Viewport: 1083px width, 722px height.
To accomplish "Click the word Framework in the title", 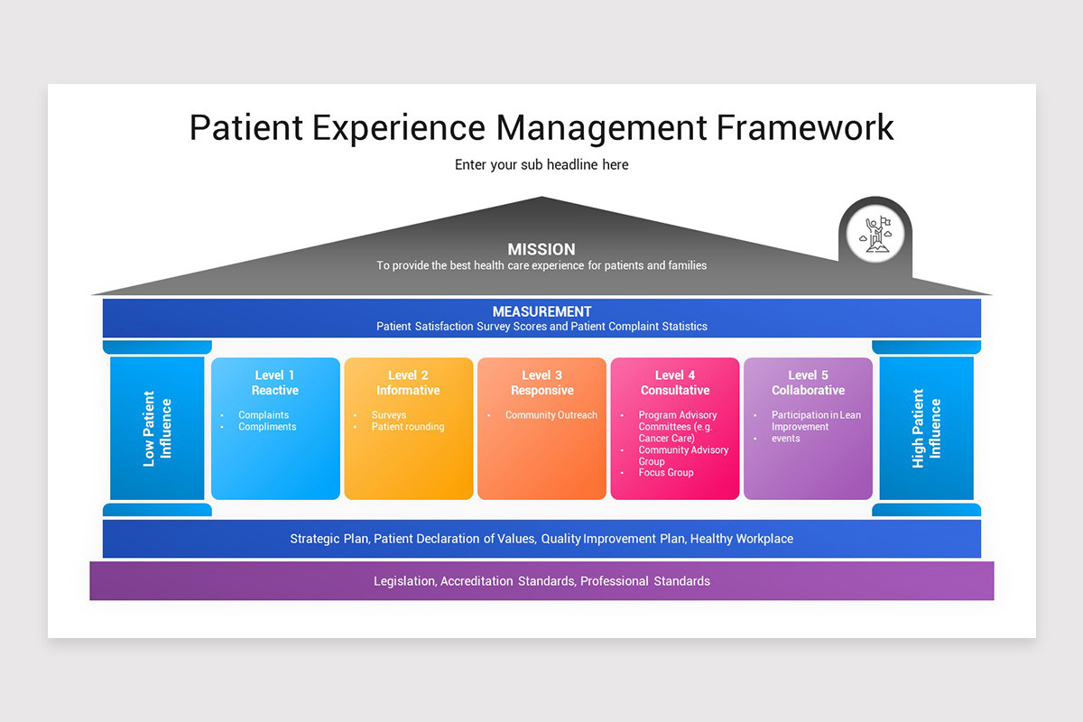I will [x=805, y=128].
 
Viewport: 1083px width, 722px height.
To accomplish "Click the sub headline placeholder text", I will [x=541, y=165].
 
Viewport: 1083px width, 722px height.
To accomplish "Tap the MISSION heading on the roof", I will [x=541, y=249].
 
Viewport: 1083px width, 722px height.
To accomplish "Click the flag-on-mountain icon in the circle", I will [x=875, y=234].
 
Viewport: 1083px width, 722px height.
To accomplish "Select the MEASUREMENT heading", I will [x=541, y=311].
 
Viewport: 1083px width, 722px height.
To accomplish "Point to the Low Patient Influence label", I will [x=157, y=429].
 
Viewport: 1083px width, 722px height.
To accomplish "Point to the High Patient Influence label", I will [x=926, y=429].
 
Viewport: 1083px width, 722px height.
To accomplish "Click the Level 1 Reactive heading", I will [x=275, y=383].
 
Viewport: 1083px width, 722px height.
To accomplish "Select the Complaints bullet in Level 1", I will [x=264, y=415].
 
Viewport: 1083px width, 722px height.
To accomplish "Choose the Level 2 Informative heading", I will [x=408, y=383].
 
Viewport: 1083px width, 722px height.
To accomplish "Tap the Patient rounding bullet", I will [x=408, y=427].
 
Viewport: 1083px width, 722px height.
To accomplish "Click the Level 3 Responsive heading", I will [x=541, y=383].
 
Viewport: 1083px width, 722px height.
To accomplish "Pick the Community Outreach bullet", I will [x=551, y=415].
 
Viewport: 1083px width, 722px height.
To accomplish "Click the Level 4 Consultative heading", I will [x=675, y=383].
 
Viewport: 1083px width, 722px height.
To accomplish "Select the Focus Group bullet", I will [x=666, y=473].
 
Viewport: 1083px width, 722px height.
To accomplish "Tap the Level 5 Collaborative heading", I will [x=808, y=383].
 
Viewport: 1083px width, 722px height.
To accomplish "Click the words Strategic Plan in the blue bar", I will [x=329, y=539].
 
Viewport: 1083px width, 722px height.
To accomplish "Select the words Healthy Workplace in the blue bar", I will [x=741, y=539].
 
